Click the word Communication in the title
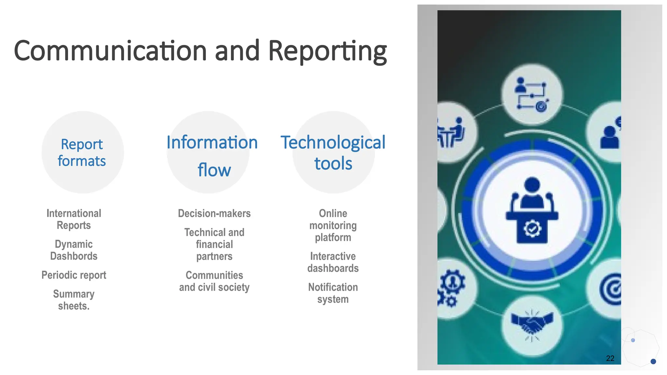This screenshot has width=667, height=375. coord(110,51)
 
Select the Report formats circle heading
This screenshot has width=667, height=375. coord(82,152)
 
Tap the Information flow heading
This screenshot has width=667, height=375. coord(212,156)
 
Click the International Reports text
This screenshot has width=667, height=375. coord(74,219)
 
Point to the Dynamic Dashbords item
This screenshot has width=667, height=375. coord(74,250)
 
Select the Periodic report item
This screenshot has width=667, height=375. coord(74,275)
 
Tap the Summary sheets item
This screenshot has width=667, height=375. coord(74,300)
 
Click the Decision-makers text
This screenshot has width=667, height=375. coord(214,214)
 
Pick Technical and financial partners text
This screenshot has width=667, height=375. coord(214,244)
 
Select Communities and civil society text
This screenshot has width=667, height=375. coord(214,281)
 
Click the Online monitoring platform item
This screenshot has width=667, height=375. coord(333,225)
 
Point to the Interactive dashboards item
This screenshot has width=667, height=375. coord(333,262)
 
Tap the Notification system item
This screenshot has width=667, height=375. coord(333,293)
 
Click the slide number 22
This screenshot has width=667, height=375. coord(610,358)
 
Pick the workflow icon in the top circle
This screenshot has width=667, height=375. coord(532,94)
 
